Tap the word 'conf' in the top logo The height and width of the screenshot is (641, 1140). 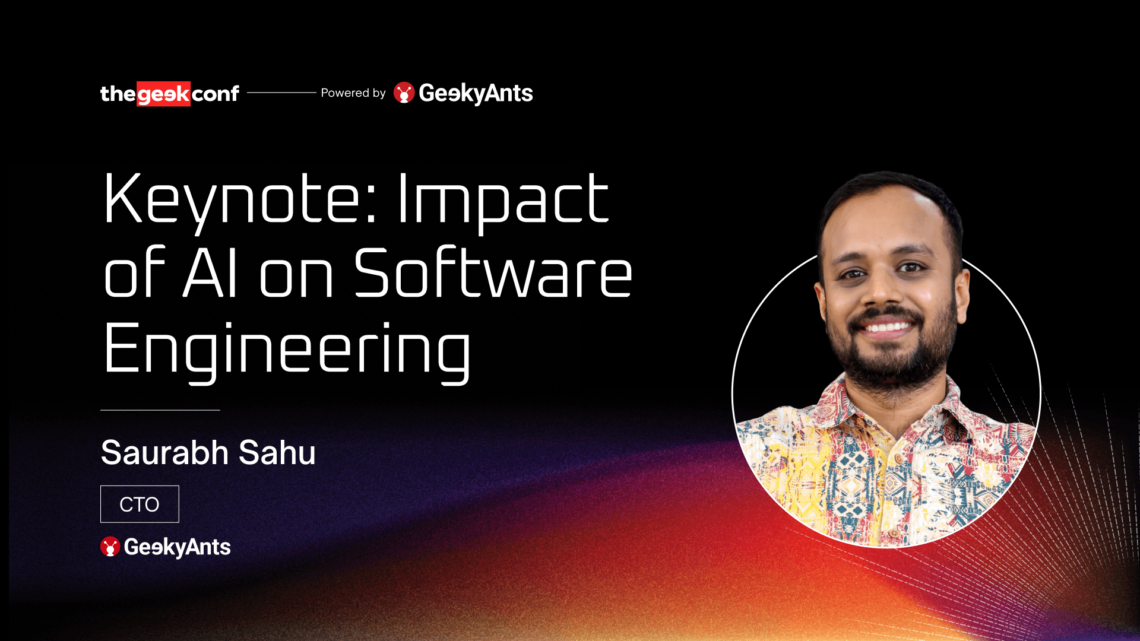[x=216, y=94]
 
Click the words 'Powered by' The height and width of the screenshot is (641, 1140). [x=353, y=93]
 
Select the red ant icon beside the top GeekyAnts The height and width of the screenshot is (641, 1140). [x=404, y=93]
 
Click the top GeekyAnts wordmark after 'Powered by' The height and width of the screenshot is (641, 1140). [x=476, y=93]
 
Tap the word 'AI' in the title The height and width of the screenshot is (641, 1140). [x=211, y=274]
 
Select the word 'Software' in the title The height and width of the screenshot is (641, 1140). [x=493, y=274]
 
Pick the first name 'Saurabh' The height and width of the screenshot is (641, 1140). [x=165, y=452]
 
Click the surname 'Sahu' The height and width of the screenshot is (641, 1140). [x=277, y=452]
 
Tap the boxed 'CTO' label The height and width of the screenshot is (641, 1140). [x=140, y=504]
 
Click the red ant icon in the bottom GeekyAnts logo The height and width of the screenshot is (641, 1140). [x=110, y=547]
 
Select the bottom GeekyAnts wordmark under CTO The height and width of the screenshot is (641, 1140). [x=177, y=547]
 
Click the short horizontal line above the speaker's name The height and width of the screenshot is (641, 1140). [x=160, y=410]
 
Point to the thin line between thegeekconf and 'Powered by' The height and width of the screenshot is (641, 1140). [x=281, y=93]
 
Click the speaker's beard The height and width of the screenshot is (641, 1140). [x=891, y=362]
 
